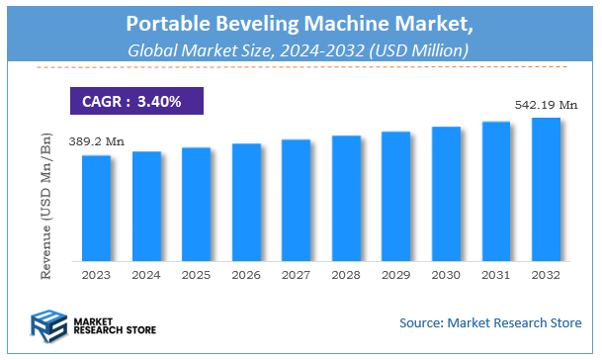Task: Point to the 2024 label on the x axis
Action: [x=146, y=274]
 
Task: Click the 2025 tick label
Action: [x=196, y=274]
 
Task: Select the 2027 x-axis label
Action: [x=297, y=274]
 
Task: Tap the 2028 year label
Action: [x=346, y=274]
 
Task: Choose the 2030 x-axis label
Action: [x=446, y=274]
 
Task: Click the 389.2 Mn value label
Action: [x=97, y=142]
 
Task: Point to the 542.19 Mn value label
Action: [x=547, y=104]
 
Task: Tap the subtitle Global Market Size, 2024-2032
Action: [x=301, y=48]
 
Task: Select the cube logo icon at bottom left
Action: [x=49, y=323]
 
